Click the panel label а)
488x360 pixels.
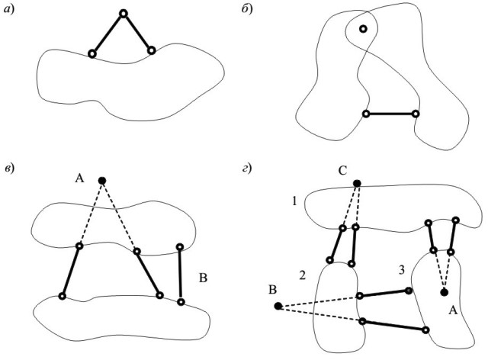(x=9, y=9)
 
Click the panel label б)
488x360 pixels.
(x=247, y=8)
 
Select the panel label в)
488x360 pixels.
(x=9, y=169)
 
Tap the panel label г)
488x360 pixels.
(x=247, y=169)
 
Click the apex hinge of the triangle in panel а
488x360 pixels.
(x=124, y=14)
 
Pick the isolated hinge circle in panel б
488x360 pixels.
(x=363, y=29)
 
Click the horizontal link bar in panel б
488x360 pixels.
(x=391, y=114)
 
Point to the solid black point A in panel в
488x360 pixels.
(x=101, y=181)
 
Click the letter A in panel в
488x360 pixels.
(x=79, y=178)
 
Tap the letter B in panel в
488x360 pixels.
(x=203, y=278)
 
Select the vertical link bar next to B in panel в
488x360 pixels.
(x=180, y=275)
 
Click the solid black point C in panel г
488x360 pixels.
(x=357, y=183)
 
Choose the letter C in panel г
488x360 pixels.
(x=342, y=171)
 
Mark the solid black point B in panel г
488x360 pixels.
(x=278, y=306)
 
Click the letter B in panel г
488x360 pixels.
(x=272, y=291)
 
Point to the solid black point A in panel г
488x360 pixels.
(x=444, y=292)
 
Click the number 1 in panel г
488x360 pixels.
(x=294, y=201)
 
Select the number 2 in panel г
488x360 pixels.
(x=302, y=275)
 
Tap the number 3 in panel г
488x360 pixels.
(x=402, y=270)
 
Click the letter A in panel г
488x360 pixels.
(x=453, y=310)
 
